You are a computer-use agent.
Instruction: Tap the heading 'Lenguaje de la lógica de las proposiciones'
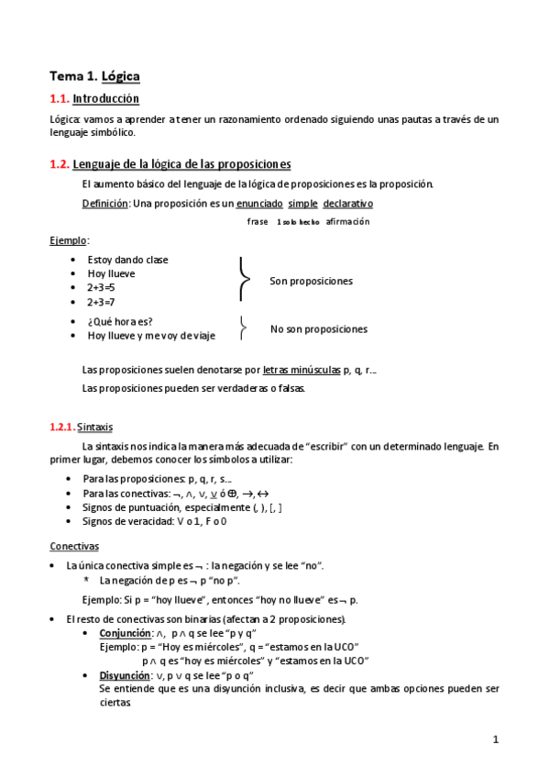click(x=181, y=164)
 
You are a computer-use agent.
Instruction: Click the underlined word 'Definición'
click(x=105, y=203)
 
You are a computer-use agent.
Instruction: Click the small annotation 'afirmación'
click(x=347, y=222)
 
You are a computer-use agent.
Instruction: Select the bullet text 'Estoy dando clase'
click(x=127, y=260)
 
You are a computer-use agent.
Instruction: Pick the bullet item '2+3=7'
click(x=101, y=301)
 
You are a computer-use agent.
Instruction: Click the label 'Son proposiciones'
click(x=311, y=281)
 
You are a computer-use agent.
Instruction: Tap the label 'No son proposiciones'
click(x=318, y=328)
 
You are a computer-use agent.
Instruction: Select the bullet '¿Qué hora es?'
click(x=120, y=321)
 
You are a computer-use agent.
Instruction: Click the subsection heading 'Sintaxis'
click(x=94, y=427)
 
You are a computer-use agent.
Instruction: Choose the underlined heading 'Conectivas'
click(x=74, y=546)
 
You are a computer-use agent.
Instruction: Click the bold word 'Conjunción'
click(x=124, y=633)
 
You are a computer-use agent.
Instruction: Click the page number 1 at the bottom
click(x=495, y=739)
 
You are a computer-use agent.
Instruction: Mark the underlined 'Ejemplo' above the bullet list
click(x=69, y=240)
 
